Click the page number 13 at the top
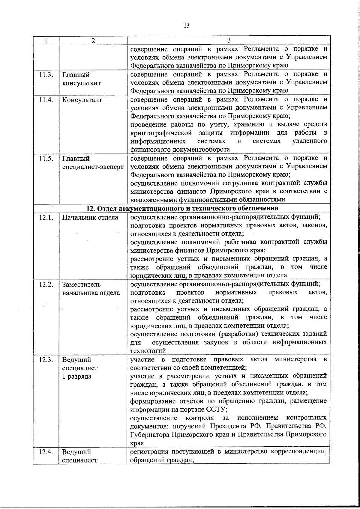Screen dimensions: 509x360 point(186,26)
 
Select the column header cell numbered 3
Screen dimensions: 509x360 point(229,40)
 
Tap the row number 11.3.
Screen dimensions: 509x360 point(46,75)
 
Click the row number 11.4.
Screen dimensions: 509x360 point(46,100)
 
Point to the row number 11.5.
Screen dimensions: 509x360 point(46,159)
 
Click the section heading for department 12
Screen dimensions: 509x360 point(182,208)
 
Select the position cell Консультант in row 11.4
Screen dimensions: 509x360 point(82,100)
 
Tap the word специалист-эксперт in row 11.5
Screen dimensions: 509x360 point(93,167)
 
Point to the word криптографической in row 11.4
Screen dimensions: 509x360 point(161,133)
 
